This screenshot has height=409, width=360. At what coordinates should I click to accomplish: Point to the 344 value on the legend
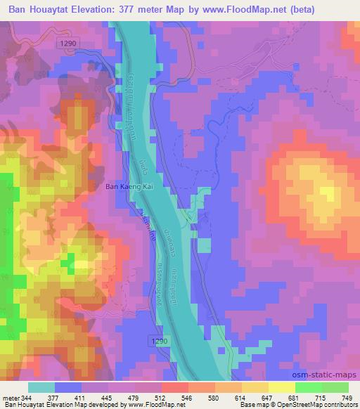(26, 398)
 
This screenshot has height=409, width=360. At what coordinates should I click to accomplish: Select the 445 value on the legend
(108, 398)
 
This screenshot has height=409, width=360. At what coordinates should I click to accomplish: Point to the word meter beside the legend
(10, 398)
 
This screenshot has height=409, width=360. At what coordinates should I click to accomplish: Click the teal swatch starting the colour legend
(40, 387)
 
